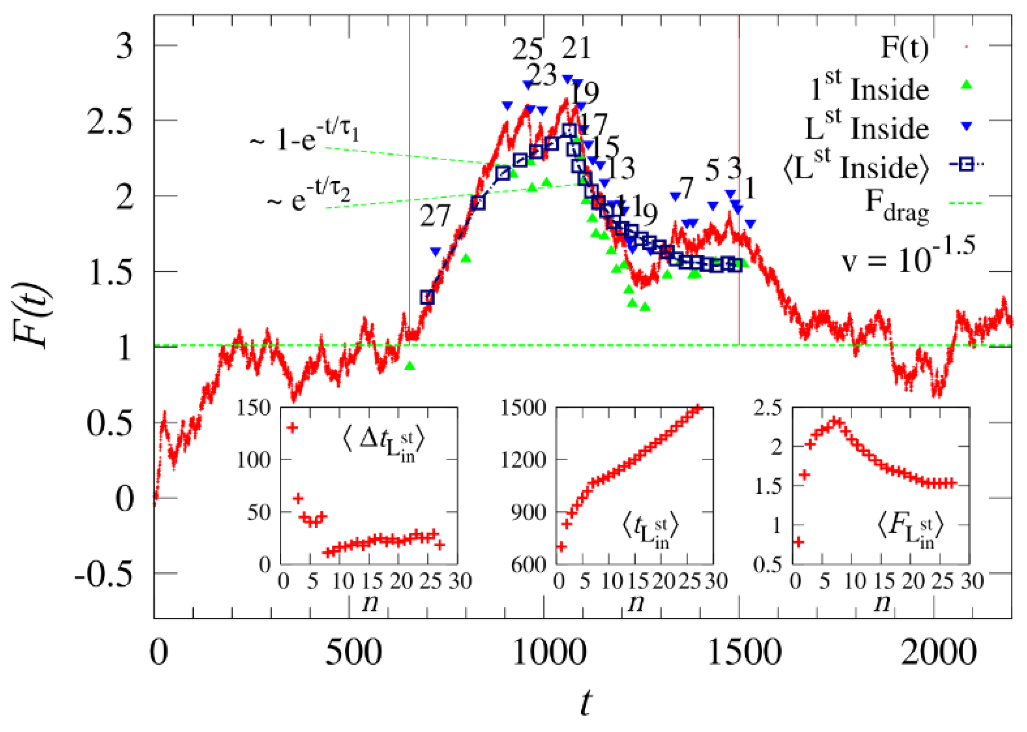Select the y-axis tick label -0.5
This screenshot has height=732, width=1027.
pyautogui.click(x=105, y=574)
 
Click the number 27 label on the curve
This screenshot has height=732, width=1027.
pyautogui.click(x=435, y=216)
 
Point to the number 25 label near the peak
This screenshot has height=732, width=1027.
pyautogui.click(x=527, y=49)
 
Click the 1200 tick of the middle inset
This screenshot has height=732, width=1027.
pyautogui.click(x=523, y=460)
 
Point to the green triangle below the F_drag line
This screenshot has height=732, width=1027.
pyautogui.click(x=409, y=366)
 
